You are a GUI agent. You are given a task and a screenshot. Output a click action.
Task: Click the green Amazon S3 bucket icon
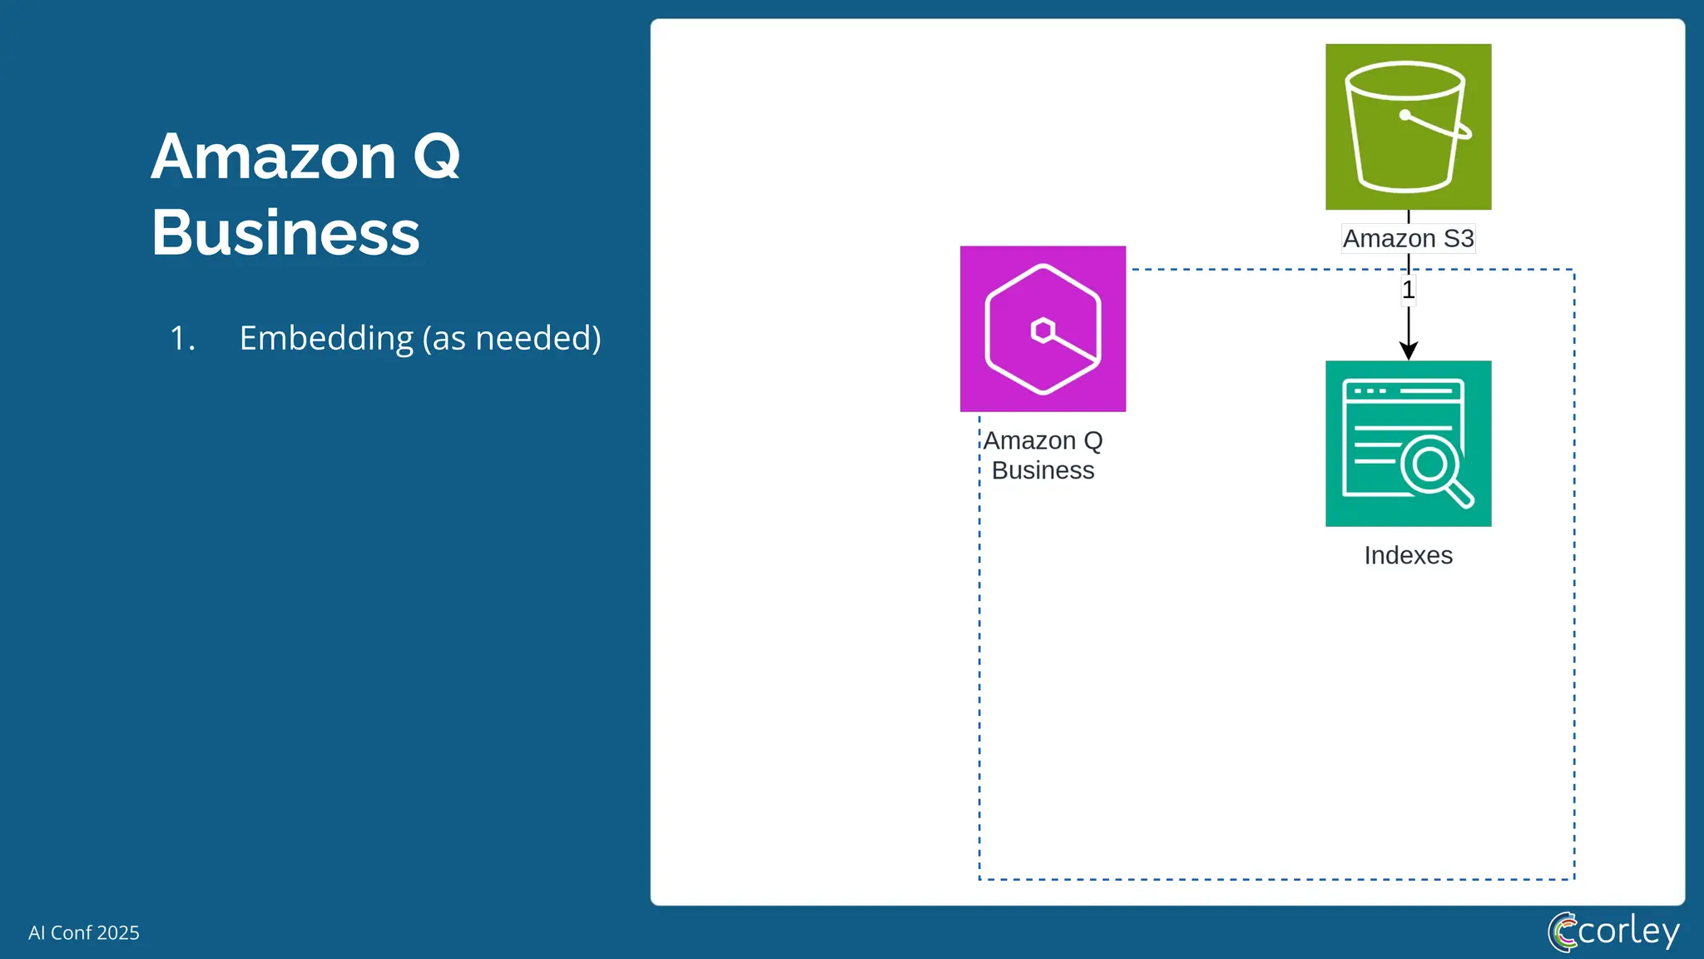1408,127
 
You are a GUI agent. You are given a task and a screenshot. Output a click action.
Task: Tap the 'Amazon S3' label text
1408,239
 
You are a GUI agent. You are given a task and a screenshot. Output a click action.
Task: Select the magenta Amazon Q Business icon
1043,329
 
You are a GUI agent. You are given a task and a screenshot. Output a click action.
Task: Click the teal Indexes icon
1408,443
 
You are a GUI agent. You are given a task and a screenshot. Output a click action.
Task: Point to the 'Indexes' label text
1408,555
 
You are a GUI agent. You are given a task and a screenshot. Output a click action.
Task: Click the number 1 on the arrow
1408,291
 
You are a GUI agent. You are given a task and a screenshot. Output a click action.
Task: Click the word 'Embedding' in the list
325,338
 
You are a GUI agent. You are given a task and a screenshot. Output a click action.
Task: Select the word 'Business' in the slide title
285,232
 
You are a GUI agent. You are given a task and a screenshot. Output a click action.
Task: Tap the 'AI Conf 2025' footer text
84,932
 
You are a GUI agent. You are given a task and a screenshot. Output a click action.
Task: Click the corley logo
1613,932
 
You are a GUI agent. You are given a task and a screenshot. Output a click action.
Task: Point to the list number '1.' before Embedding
182,338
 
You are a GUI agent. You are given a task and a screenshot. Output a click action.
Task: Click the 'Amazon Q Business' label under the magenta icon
1043,455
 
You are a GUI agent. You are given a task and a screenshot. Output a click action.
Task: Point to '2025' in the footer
117,932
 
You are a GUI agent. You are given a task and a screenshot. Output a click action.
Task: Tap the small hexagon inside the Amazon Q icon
1043,330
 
